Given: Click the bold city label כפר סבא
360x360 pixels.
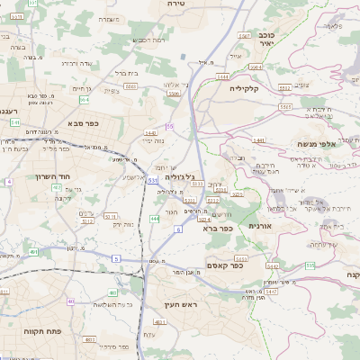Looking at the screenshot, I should (82, 124).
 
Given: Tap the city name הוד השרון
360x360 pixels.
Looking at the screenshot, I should (54, 177).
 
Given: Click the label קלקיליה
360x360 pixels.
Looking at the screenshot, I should (244, 88).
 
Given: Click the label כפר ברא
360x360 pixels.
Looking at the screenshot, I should (220, 229).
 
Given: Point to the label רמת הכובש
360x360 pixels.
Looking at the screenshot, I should (147, 40).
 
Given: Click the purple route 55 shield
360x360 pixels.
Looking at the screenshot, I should (169, 127).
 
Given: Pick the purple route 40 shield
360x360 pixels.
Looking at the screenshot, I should (8, 182).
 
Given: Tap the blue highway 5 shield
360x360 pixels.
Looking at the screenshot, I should (115, 259).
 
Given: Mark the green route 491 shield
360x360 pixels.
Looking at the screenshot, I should (33, 252).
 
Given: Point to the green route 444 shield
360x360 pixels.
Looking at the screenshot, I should (155, 219).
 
